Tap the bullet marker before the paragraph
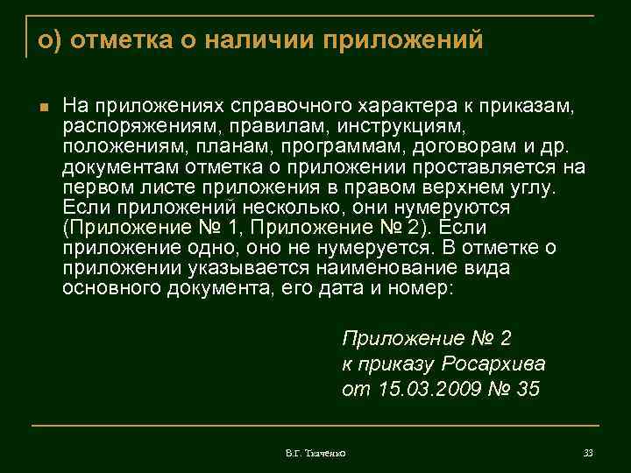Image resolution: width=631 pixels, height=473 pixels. click(x=41, y=108)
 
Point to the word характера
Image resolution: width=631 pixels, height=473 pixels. click(x=408, y=106)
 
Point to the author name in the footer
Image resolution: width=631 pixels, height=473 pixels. click(x=316, y=453)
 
